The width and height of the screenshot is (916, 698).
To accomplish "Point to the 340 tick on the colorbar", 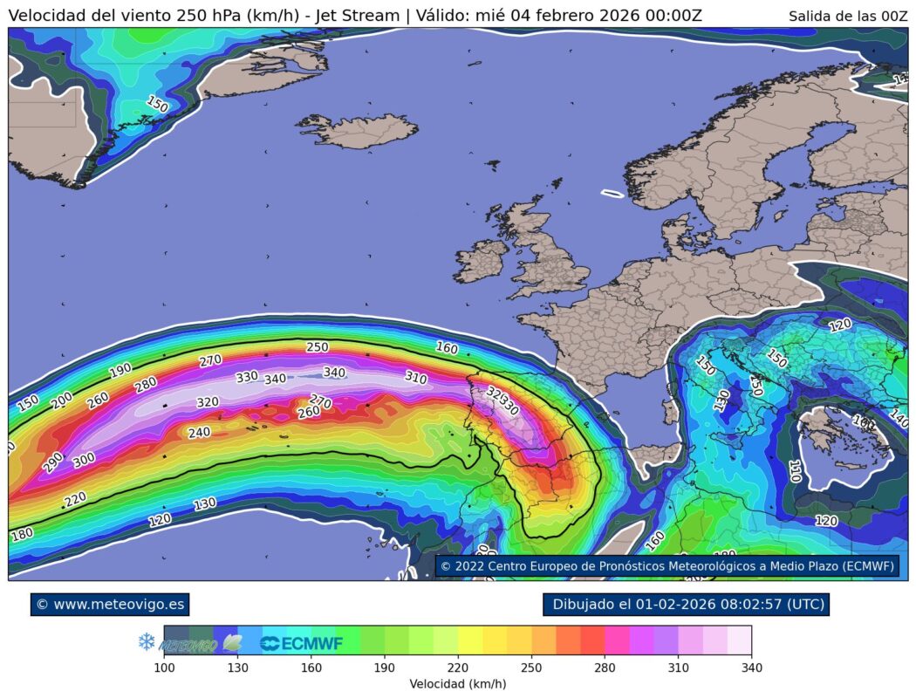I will click(x=751, y=667).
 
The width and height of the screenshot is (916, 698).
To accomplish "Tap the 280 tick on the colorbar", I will click(x=605, y=667).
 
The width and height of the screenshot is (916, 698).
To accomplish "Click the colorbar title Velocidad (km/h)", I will click(x=458, y=684).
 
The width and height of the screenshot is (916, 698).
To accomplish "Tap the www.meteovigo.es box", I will click(x=109, y=604).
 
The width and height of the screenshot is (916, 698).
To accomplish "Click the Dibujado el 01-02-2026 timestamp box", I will click(x=685, y=604).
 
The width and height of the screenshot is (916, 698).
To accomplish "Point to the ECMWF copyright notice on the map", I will click(x=667, y=566).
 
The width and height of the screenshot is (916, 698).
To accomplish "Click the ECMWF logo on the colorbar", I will click(x=301, y=644).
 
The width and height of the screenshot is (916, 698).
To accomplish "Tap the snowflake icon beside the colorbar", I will click(x=147, y=642).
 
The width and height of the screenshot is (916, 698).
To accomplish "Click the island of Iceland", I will click(x=358, y=131).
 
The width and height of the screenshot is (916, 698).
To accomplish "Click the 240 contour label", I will click(x=199, y=433).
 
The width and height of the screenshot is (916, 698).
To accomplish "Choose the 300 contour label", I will click(x=84, y=460).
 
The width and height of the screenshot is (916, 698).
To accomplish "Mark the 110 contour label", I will click(x=795, y=472).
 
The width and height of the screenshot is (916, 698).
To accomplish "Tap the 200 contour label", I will click(x=62, y=400).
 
